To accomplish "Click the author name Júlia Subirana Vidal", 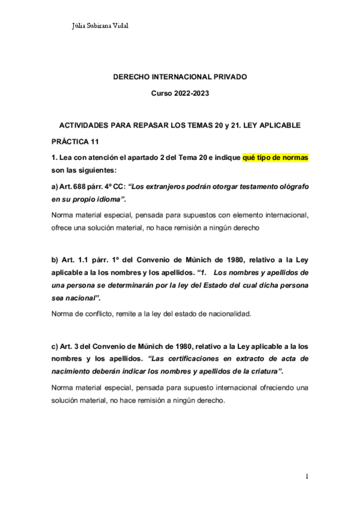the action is pos(100,26).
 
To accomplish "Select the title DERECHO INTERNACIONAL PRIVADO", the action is pos(180,78).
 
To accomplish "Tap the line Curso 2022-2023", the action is pos(180,94).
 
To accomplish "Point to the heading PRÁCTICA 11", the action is pos(75,142).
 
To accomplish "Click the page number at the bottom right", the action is pos(307,477).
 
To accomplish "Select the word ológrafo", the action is pos(292,187).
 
